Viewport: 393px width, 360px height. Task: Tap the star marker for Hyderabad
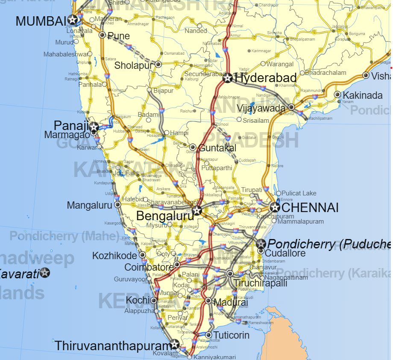click(x=227, y=78)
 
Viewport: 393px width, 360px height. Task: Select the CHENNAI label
click(x=310, y=208)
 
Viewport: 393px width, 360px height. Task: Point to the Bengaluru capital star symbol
click(x=196, y=210)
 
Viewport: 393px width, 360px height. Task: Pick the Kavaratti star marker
click(x=45, y=272)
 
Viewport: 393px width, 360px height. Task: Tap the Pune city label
click(x=119, y=36)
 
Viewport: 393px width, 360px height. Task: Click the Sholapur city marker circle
click(x=158, y=65)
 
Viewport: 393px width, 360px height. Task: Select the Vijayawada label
click(x=261, y=108)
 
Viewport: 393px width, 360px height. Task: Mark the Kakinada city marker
click(x=337, y=94)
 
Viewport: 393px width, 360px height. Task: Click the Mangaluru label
click(x=89, y=206)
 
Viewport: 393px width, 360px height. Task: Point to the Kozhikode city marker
click(x=142, y=255)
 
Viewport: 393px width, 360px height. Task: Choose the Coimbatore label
click(x=149, y=267)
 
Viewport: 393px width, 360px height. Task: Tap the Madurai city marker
click(x=208, y=301)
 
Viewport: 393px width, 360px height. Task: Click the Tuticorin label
click(x=231, y=335)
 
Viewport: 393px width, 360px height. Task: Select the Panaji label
click(x=71, y=125)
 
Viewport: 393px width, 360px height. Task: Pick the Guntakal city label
click(x=217, y=148)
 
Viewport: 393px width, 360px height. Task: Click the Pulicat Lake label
click(x=299, y=193)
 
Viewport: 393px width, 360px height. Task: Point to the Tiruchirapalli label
click(x=260, y=283)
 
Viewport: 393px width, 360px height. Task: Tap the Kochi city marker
click(x=154, y=301)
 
